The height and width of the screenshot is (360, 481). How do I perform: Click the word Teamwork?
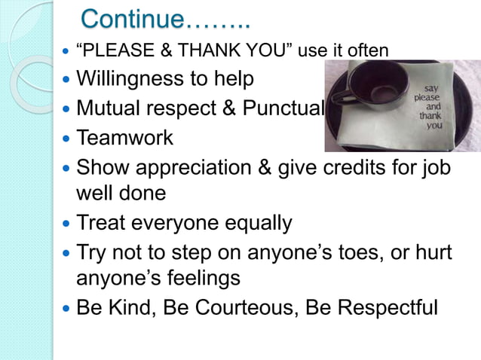124,139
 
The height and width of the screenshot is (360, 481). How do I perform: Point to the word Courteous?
245,308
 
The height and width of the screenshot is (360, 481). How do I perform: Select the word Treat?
102,224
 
